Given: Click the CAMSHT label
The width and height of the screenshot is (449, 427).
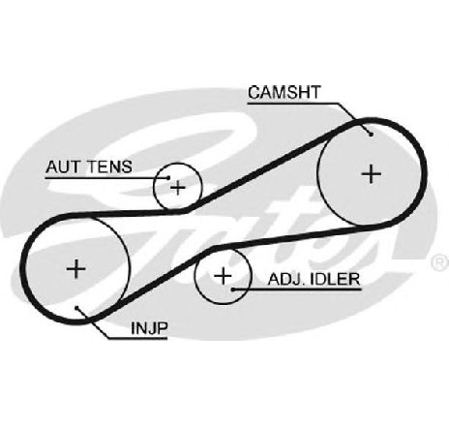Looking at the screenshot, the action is pos(284,92).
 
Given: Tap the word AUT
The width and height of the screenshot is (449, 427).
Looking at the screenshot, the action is pos(64,167).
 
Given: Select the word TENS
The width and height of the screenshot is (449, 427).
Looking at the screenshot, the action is pos(110,167).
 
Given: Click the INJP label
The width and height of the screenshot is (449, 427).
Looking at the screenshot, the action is pos(149,328).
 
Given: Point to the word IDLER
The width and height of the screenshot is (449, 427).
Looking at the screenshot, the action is pos(334,279).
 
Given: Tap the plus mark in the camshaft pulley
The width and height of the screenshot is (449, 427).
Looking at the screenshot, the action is pos(372,174).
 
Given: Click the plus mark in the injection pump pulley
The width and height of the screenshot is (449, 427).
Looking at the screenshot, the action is pos(76,268).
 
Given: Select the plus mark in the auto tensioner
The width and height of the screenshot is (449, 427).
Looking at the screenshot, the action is pos(178,188).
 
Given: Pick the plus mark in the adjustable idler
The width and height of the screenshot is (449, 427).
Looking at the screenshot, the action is pos(223,276).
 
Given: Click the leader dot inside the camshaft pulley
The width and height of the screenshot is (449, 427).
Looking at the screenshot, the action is pos(372,135).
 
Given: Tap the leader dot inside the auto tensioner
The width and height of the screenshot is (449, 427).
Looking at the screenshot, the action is pos(168,177).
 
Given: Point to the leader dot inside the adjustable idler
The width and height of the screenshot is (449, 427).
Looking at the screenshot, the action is pos(232,290).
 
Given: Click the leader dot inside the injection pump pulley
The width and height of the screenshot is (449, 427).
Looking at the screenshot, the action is pos(76,308).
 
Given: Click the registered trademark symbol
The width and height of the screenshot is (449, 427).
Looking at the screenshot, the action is pos(439,261).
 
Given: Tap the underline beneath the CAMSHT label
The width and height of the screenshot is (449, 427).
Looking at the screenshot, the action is pos(293,104).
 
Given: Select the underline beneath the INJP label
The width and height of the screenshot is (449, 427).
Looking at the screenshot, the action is pos(137,339).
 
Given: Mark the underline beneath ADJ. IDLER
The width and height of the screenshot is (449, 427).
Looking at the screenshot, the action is pos(297,290).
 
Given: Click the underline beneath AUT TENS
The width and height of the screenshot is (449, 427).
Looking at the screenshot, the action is pos(106,177).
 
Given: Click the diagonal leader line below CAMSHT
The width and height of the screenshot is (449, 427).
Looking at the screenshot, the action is pos(355,119).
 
